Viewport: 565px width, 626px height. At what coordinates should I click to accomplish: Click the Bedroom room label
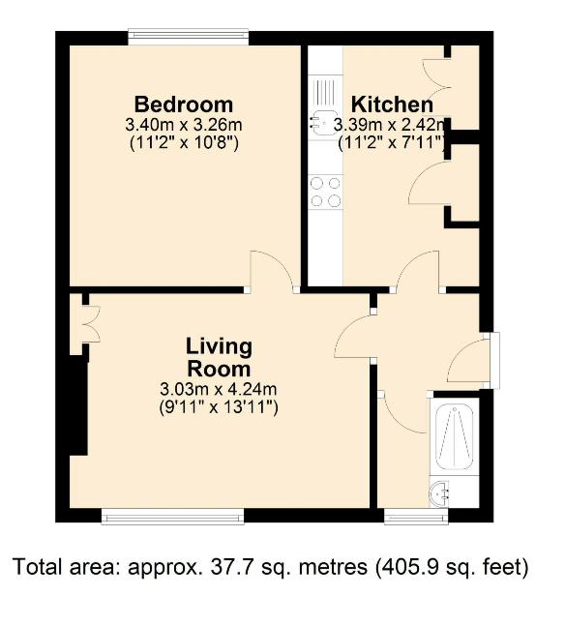pyautogui.click(x=184, y=104)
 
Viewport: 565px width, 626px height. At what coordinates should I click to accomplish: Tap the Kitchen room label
pyautogui.click(x=391, y=104)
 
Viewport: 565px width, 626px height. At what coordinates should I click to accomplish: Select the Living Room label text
pyautogui.click(x=218, y=357)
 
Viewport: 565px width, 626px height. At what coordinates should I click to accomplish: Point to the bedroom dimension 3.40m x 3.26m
pyautogui.click(x=184, y=125)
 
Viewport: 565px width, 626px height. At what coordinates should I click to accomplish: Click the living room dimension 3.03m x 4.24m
pyautogui.click(x=218, y=389)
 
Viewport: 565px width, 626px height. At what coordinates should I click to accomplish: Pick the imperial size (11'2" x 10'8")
pyautogui.click(x=184, y=143)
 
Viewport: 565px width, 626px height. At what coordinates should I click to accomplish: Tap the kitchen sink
pyautogui.click(x=322, y=111)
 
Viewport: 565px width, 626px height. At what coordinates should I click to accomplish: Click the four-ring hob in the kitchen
pyautogui.click(x=325, y=191)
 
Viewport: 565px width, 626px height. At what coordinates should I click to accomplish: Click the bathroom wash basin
pyautogui.click(x=442, y=492)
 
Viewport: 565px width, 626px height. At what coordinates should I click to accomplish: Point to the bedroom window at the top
pyautogui.click(x=189, y=38)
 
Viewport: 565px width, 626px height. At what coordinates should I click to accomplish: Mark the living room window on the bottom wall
pyautogui.click(x=172, y=516)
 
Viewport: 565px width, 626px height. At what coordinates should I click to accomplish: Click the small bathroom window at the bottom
pyautogui.click(x=416, y=516)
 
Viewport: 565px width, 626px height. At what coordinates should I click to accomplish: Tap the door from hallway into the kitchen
pyautogui.click(x=418, y=271)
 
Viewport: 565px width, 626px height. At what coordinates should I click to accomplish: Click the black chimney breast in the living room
pyautogui.click(x=76, y=406)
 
